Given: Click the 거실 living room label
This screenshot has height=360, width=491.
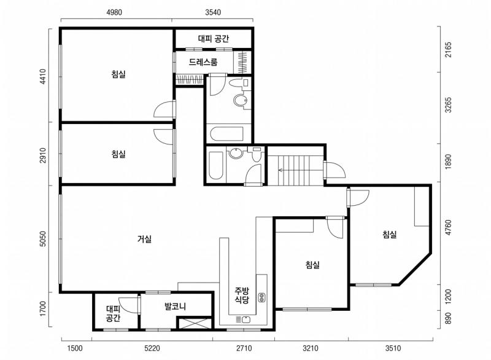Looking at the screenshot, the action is click(144, 239).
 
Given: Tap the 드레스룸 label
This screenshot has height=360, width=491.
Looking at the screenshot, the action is click(203, 62).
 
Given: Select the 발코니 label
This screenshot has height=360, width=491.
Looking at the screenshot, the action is click(176, 306).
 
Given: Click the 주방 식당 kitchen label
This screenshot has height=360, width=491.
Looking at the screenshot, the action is click(242, 295).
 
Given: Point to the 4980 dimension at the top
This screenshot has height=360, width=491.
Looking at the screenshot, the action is click(114, 12).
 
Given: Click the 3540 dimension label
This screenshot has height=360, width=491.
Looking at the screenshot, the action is click(213, 12).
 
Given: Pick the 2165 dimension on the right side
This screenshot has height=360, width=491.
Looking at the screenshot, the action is click(449, 50).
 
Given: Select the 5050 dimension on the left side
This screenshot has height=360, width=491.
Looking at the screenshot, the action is click(43, 239).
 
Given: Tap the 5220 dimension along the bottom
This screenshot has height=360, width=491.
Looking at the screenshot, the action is click(152, 348).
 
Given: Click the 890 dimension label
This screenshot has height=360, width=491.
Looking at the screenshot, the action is click(449, 319).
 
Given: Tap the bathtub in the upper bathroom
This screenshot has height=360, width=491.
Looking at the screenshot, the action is click(226, 134).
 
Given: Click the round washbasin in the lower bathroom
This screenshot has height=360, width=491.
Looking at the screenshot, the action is click(235, 153).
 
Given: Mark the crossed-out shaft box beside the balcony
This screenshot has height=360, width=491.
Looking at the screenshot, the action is click(195, 323).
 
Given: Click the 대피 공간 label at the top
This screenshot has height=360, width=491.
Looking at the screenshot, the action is click(214, 39).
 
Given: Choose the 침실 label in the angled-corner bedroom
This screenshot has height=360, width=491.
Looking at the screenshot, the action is click(390, 234).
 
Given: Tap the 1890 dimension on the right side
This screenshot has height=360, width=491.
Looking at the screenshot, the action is click(449, 162).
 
